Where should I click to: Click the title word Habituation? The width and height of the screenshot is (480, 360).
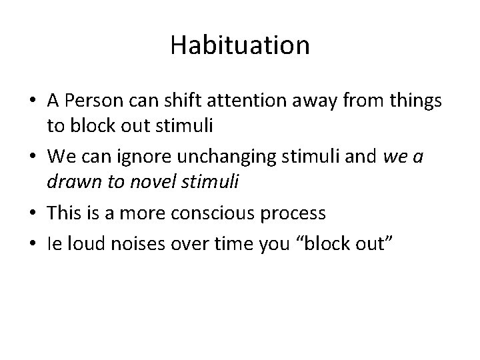240,45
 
